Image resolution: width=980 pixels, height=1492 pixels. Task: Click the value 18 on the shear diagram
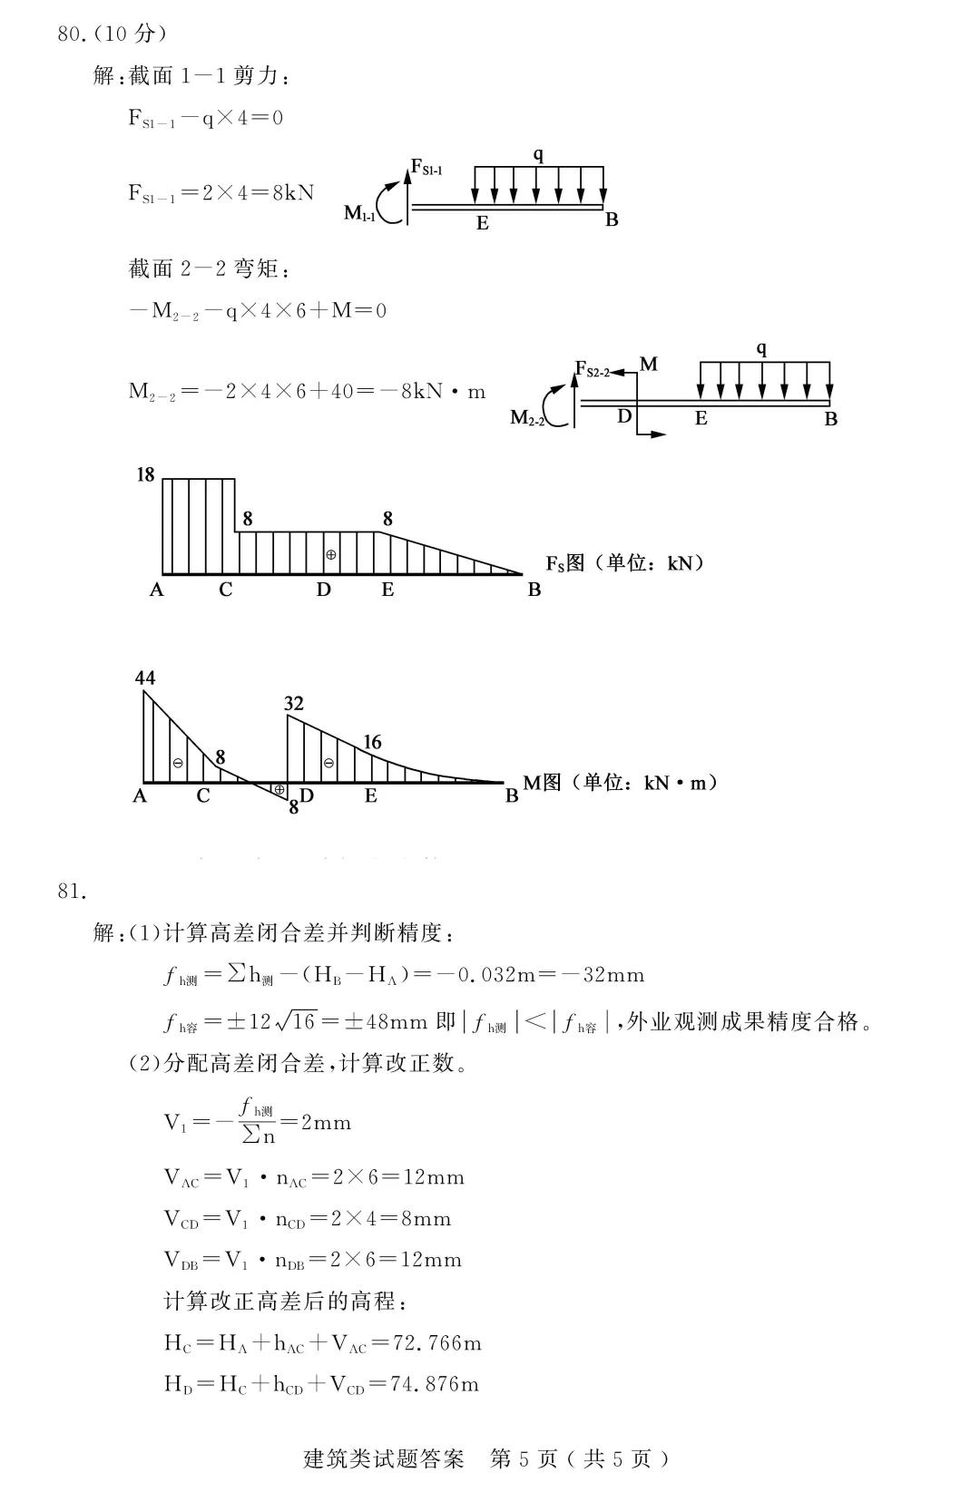[x=145, y=474]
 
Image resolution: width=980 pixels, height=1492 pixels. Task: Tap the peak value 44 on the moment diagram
[x=145, y=678]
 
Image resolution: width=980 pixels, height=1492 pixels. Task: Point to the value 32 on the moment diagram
[x=293, y=703]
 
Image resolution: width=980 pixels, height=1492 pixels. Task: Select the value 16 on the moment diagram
[x=372, y=742]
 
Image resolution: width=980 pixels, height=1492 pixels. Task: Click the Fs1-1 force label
[x=426, y=168]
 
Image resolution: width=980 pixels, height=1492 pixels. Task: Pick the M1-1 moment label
[x=359, y=214]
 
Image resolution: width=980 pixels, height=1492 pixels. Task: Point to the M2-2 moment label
[x=526, y=417]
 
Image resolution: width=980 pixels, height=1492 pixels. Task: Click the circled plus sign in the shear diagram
[x=331, y=554]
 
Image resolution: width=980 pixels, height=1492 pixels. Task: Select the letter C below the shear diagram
[x=225, y=590]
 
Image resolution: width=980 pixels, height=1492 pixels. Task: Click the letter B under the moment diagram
[x=512, y=795]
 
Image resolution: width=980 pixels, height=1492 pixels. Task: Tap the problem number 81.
[x=72, y=891]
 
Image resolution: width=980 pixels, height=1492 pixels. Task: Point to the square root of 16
[x=295, y=1021]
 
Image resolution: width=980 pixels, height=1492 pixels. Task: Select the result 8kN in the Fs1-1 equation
[x=293, y=193]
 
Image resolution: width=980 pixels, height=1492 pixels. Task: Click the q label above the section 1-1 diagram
[x=538, y=155]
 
